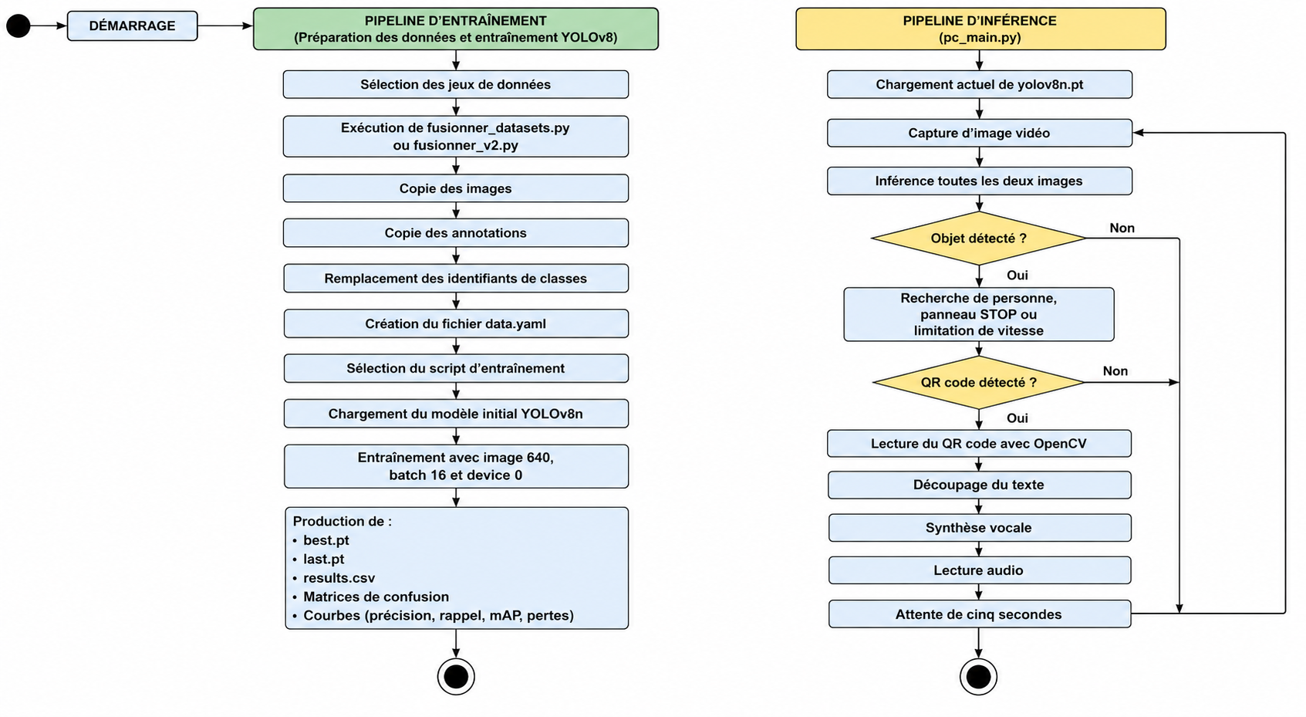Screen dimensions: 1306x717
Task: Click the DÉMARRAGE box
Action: [x=133, y=25]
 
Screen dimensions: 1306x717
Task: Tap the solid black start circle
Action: [x=18, y=25]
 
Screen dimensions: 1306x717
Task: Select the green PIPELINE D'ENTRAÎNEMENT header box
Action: [x=456, y=29]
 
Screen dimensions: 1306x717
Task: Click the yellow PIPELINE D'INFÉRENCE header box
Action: [x=980, y=29]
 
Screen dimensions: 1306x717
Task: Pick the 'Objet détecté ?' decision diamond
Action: [x=978, y=238]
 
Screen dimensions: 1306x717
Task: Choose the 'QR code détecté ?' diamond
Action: [x=978, y=382]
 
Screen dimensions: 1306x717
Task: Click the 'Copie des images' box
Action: [x=456, y=188]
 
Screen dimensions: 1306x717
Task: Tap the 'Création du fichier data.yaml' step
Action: [x=456, y=324]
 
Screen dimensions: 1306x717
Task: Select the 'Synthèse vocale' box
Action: [x=980, y=527]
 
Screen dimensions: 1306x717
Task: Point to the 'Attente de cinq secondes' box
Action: [x=980, y=614]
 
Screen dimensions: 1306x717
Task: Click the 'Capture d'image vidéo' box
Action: [x=980, y=133]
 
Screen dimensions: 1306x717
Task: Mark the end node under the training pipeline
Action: [x=456, y=677]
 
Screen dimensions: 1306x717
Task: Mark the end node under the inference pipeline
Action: [x=978, y=677]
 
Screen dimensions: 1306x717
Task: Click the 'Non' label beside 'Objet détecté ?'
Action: [x=1122, y=228]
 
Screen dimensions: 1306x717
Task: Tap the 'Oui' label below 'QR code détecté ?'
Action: [x=1017, y=418]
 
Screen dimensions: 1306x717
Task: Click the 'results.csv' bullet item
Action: [x=339, y=578]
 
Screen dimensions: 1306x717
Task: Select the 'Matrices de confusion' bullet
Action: [x=376, y=597]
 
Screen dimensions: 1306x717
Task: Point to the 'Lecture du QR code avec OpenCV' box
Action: [x=980, y=443]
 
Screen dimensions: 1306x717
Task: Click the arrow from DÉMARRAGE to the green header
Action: [x=225, y=25]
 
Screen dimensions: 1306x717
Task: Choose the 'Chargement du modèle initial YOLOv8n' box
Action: [x=456, y=414]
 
